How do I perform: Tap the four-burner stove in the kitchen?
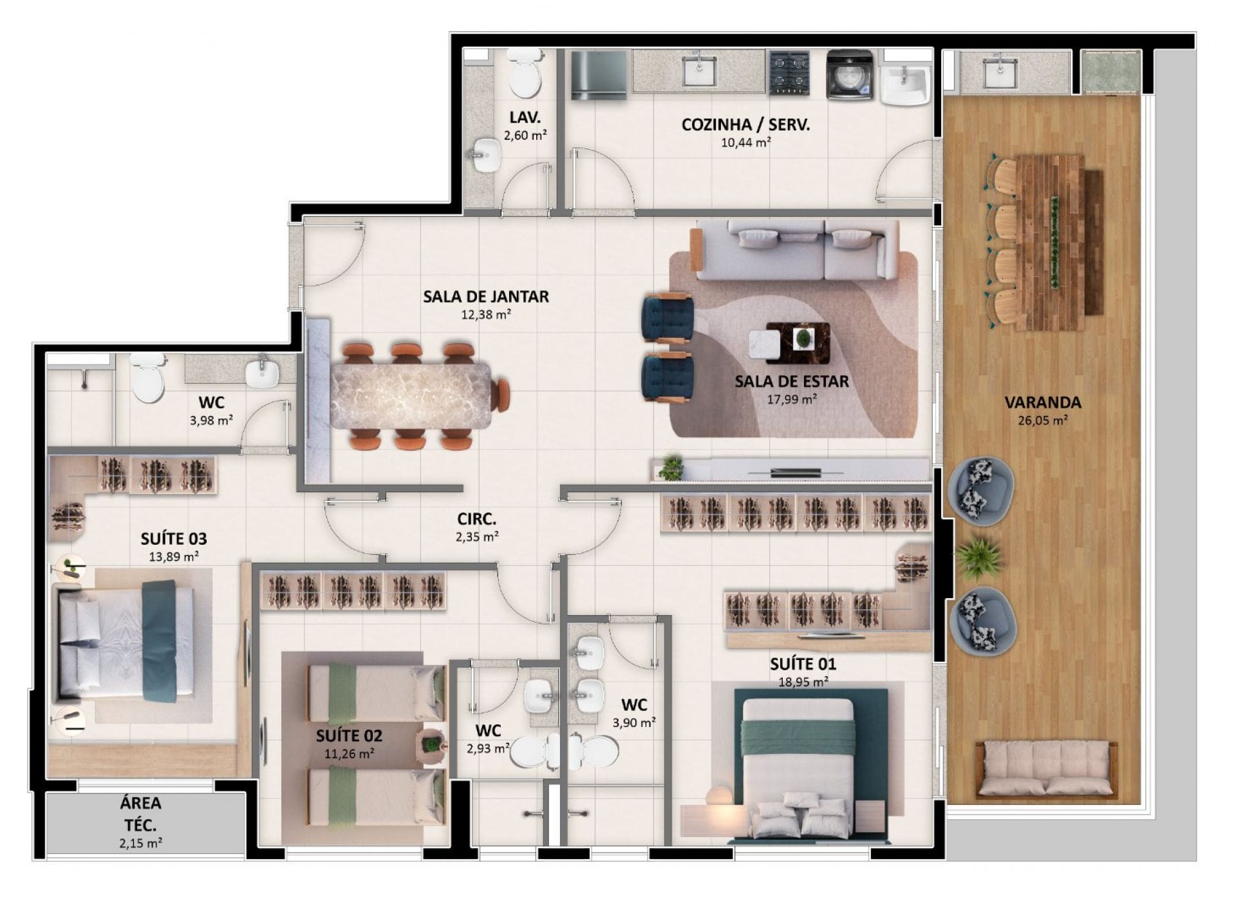790,72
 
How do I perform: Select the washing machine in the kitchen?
850,75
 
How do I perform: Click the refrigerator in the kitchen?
599,75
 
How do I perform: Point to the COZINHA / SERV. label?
745,124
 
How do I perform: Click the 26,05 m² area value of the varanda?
1043,420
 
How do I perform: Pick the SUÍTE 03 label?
174,538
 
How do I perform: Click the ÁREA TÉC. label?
140,814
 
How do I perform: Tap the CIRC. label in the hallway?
476,518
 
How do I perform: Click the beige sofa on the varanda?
1046,770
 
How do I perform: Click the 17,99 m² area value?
792,399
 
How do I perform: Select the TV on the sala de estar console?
795,473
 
